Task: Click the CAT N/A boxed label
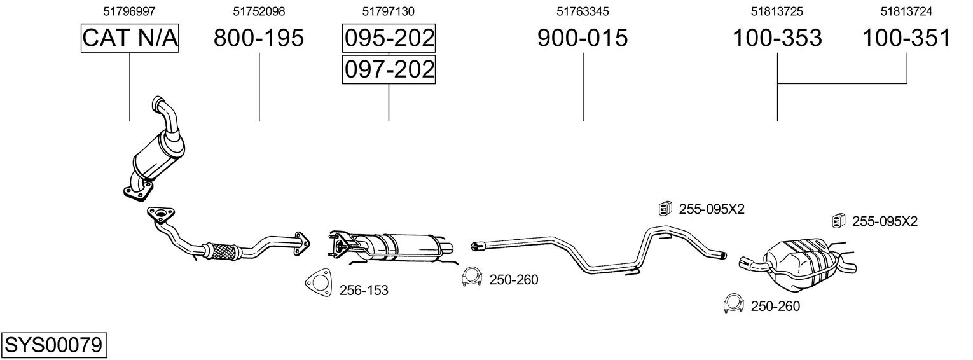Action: pyautogui.click(x=130, y=38)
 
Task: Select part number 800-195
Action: pyautogui.click(x=259, y=38)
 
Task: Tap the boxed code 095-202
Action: pyautogui.click(x=389, y=38)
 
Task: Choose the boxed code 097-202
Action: pyautogui.click(x=389, y=69)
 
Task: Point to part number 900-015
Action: pyautogui.click(x=583, y=38)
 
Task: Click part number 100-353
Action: pyautogui.click(x=777, y=38)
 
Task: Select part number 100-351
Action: pyautogui.click(x=906, y=38)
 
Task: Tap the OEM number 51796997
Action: pyautogui.click(x=129, y=11)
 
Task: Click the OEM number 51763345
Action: pyautogui.click(x=583, y=11)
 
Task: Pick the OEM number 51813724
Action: pyautogui.click(x=906, y=11)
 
